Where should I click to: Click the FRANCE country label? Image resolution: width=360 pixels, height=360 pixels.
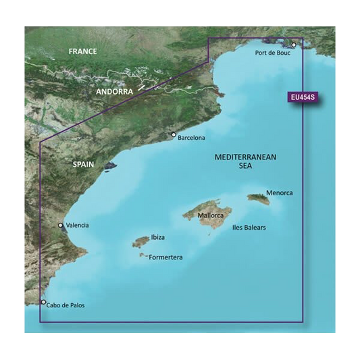pyautogui.click(x=83, y=51)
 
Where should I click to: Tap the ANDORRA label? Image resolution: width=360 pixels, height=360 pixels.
pyautogui.click(x=115, y=91)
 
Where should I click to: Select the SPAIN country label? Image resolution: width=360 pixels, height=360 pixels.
pyautogui.click(x=84, y=164)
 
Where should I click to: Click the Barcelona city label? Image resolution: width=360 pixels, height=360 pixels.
pyautogui.click(x=191, y=138)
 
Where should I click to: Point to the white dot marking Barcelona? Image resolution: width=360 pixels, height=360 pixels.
pyautogui.click(x=174, y=134)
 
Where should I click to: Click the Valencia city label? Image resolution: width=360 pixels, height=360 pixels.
pyautogui.click(x=77, y=226)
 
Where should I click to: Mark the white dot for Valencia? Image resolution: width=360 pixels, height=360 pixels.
pyautogui.click(x=61, y=226)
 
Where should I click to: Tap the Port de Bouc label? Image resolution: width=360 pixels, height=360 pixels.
pyautogui.click(x=273, y=53)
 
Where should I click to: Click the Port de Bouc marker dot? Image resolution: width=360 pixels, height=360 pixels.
pyautogui.click(x=294, y=45)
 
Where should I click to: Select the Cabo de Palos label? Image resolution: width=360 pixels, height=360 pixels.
pyautogui.click(x=66, y=305)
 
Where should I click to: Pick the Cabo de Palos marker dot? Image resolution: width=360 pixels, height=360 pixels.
pyautogui.click(x=44, y=303)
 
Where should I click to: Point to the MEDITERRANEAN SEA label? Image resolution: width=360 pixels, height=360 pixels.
pyautogui.click(x=245, y=161)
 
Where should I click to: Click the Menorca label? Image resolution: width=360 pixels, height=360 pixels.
pyautogui.click(x=280, y=193)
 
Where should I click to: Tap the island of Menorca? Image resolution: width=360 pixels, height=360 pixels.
pyautogui.click(x=257, y=199)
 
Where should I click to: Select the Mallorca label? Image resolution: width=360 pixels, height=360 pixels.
pyautogui.click(x=211, y=216)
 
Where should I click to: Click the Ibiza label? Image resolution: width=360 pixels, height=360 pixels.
pyautogui.click(x=157, y=237)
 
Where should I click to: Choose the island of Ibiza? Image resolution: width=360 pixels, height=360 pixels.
pyautogui.click(x=141, y=241)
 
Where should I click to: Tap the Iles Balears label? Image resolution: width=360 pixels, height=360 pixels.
pyautogui.click(x=249, y=228)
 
